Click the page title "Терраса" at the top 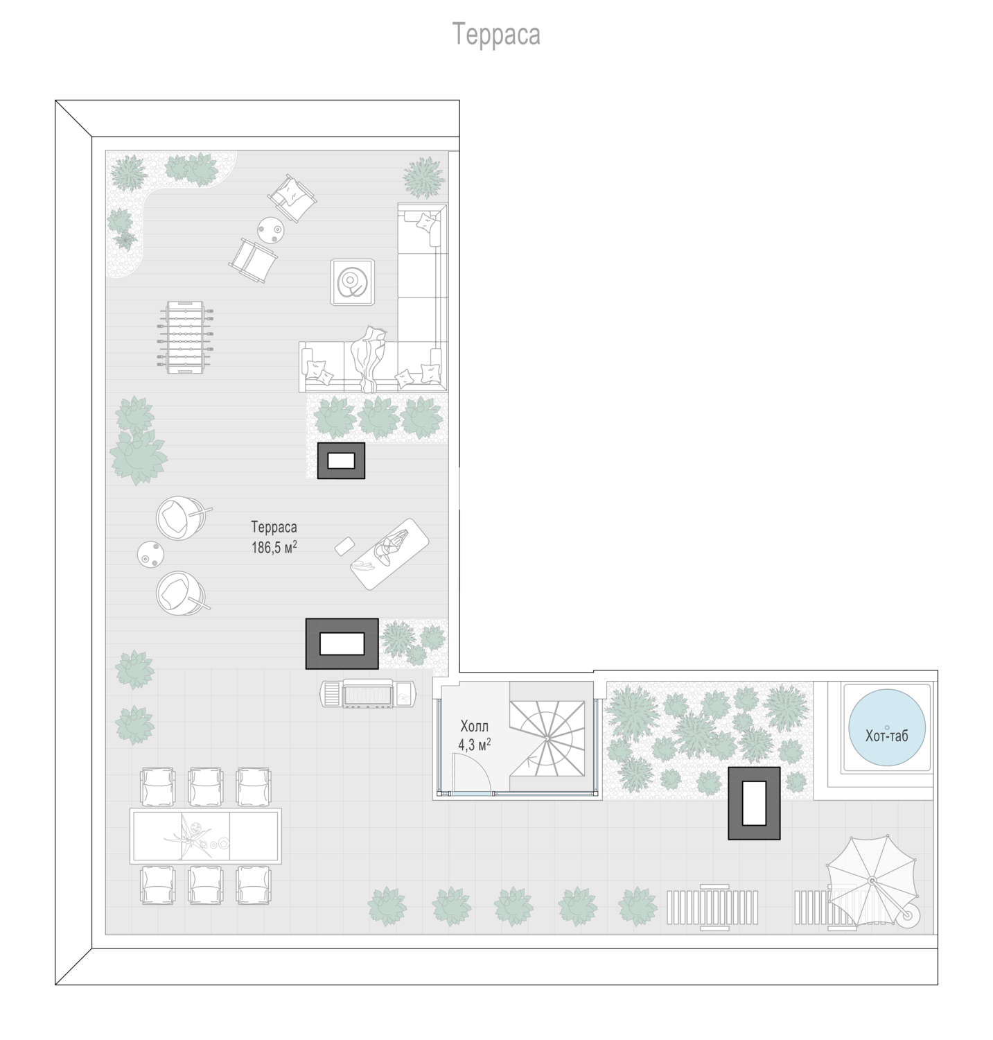click(x=496, y=34)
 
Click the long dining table click(x=205, y=835)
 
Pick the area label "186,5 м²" click(x=274, y=548)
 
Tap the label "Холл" click(x=474, y=727)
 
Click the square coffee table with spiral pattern click(x=353, y=281)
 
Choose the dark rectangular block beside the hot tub click(x=754, y=803)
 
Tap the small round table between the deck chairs click(x=270, y=229)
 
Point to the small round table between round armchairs click(x=150, y=554)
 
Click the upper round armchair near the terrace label click(x=179, y=517)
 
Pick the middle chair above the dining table click(x=205, y=786)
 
